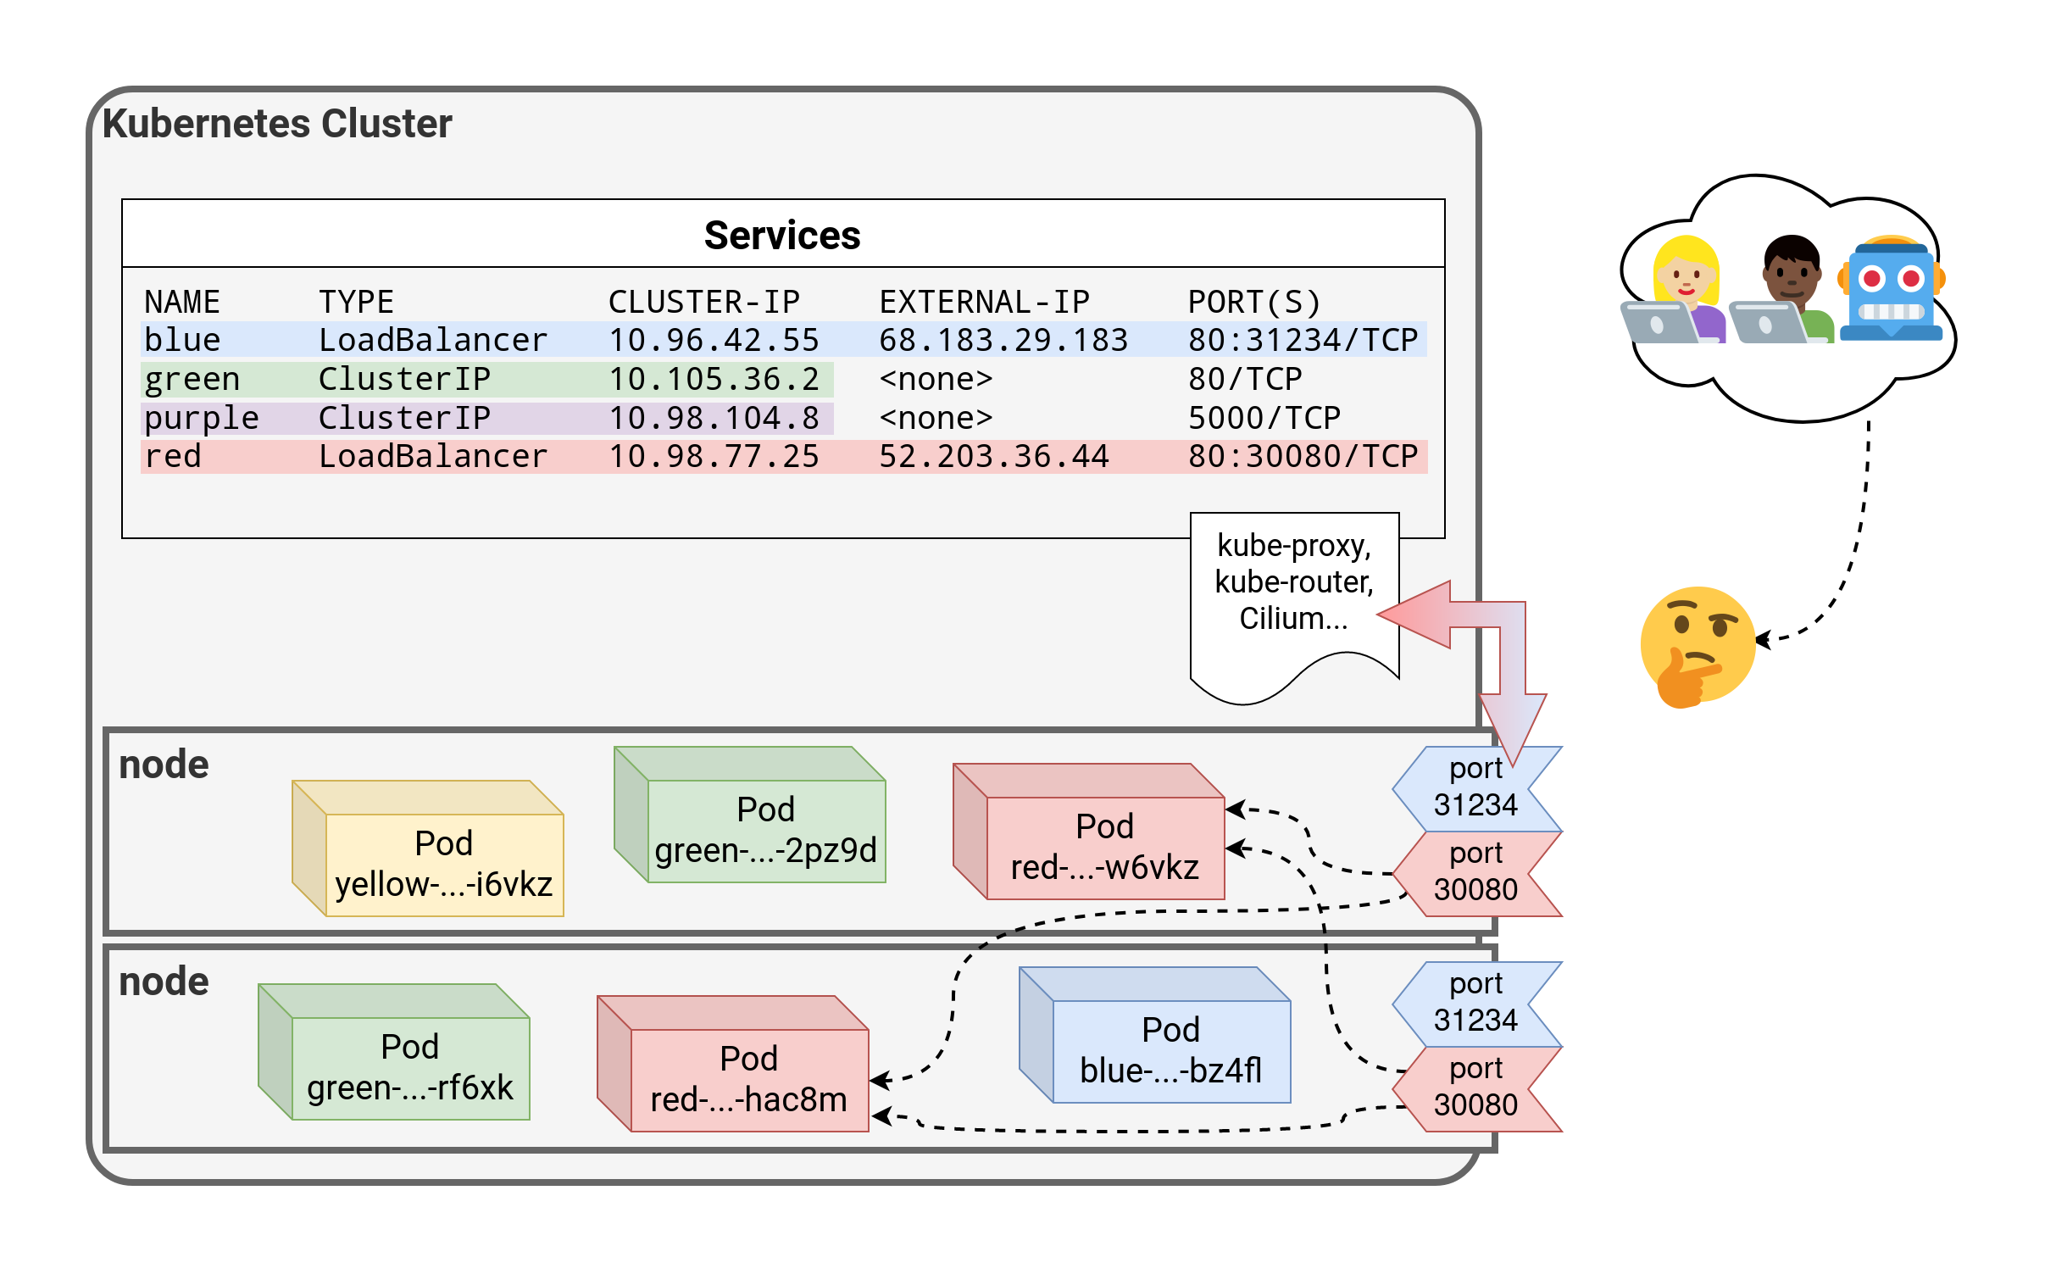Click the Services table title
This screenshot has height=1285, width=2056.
(781, 236)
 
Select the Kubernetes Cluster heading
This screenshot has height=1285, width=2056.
(277, 124)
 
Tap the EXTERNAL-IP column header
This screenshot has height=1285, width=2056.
(984, 302)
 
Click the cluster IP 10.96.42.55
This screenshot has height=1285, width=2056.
(714, 340)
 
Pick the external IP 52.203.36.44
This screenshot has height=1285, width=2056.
(993, 456)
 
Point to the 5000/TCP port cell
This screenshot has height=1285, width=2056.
(1264, 418)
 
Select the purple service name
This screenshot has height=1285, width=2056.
(202, 418)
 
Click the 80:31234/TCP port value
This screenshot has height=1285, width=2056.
(1303, 340)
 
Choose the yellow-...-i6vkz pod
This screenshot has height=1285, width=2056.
(443, 864)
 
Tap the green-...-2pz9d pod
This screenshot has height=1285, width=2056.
(765, 830)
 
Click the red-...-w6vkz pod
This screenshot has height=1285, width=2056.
(1104, 847)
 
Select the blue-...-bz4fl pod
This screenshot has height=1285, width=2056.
(1170, 1050)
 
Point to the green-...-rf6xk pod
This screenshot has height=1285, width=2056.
(410, 1067)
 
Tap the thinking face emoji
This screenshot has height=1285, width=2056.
(1698, 646)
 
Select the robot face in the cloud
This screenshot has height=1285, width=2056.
(1892, 289)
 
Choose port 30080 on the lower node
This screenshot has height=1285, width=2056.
(1475, 1087)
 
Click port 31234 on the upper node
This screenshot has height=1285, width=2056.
(1475, 787)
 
